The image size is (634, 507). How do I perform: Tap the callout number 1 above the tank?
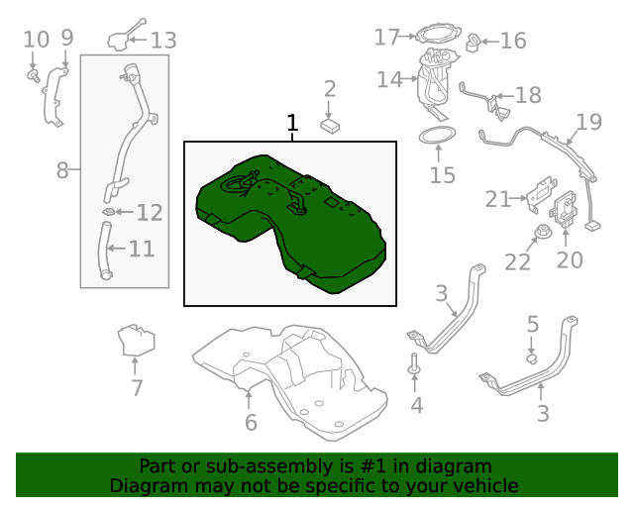(292, 124)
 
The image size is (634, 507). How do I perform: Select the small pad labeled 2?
(331, 126)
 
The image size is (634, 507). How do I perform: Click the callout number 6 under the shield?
(251, 423)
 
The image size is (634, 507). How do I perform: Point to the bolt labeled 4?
(414, 369)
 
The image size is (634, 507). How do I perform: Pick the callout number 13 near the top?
(163, 40)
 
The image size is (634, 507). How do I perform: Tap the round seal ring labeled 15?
(440, 140)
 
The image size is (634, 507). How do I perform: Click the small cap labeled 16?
(475, 43)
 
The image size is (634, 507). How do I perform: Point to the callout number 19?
(589, 123)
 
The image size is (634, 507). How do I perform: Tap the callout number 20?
(570, 259)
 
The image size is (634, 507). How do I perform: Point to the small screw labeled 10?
(32, 73)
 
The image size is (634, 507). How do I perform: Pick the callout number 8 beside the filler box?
(62, 170)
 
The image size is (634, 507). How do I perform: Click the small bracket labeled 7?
(136, 341)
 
